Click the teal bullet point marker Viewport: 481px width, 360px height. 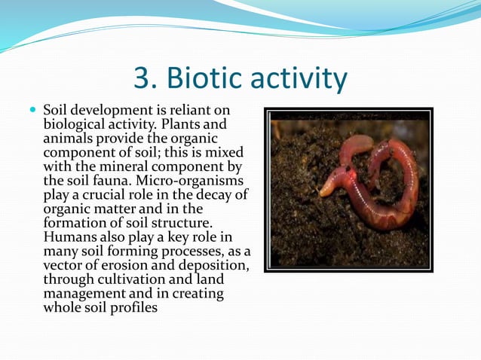coord(32,111)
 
